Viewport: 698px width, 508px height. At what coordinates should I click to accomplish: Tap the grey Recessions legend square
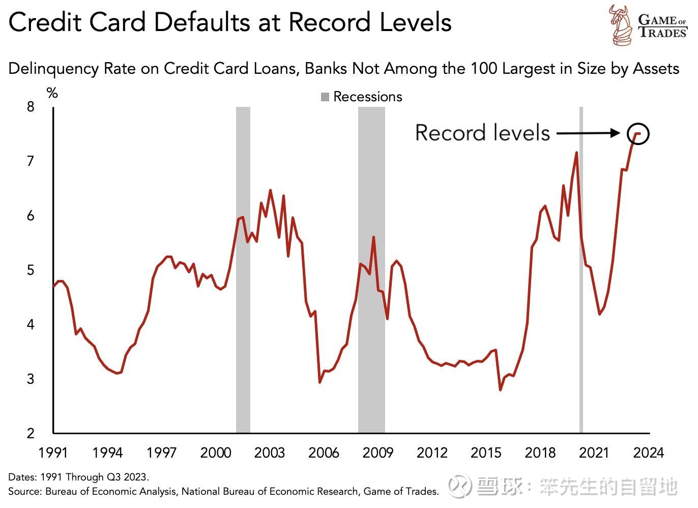point(325,97)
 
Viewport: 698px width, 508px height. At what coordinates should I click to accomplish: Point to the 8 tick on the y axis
point(31,107)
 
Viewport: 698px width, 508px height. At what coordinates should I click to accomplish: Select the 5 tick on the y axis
point(31,270)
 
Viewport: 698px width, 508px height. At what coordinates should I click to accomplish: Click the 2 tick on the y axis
point(31,433)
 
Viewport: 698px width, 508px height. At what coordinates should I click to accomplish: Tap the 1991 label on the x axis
point(53,453)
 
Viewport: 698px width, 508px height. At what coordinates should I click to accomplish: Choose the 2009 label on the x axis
point(377,453)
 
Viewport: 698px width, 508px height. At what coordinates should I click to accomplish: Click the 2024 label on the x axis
point(648,453)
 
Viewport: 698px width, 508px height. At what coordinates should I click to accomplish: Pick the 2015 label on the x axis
point(486,453)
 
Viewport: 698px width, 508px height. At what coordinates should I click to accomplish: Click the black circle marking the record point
point(638,134)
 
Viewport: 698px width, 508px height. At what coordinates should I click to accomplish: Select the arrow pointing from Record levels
point(588,133)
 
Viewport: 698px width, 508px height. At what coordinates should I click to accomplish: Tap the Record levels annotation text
point(482,133)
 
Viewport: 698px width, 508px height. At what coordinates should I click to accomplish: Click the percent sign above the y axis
point(52,93)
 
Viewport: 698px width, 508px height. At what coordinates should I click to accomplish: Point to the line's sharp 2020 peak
point(576,152)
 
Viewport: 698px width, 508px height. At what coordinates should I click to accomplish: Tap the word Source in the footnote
point(23,492)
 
